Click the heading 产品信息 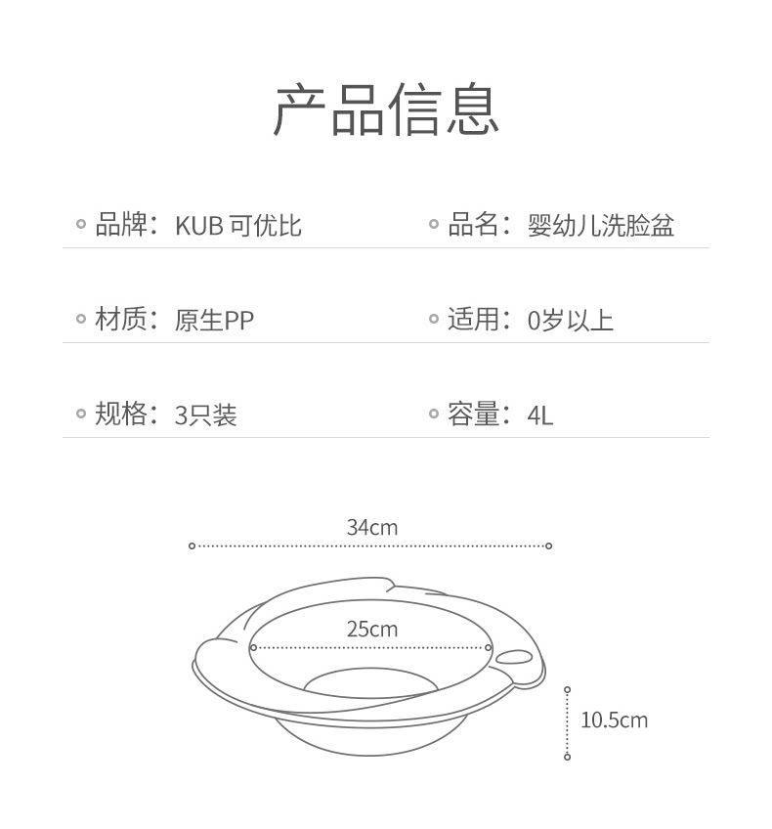pyautogui.click(x=386, y=109)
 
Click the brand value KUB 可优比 pyautogui.click(x=238, y=226)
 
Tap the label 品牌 pyautogui.click(x=120, y=225)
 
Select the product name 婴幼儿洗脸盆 pyautogui.click(x=601, y=226)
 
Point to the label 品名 pyautogui.click(x=473, y=225)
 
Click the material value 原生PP pyautogui.click(x=214, y=321)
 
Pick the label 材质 pyautogui.click(x=120, y=320)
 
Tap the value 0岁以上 pyautogui.click(x=571, y=321)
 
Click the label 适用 pyautogui.click(x=473, y=320)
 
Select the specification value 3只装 pyautogui.click(x=205, y=415)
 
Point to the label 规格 pyautogui.click(x=120, y=414)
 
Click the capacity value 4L pyautogui.click(x=540, y=415)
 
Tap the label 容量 pyautogui.click(x=473, y=414)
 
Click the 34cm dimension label pyautogui.click(x=372, y=528)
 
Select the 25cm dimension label pyautogui.click(x=372, y=630)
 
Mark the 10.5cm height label pyautogui.click(x=614, y=721)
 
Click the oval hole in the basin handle pyautogui.click(x=514, y=658)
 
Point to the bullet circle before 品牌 pyautogui.click(x=81, y=225)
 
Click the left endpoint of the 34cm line pyautogui.click(x=192, y=545)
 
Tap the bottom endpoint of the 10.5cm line pyautogui.click(x=567, y=757)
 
